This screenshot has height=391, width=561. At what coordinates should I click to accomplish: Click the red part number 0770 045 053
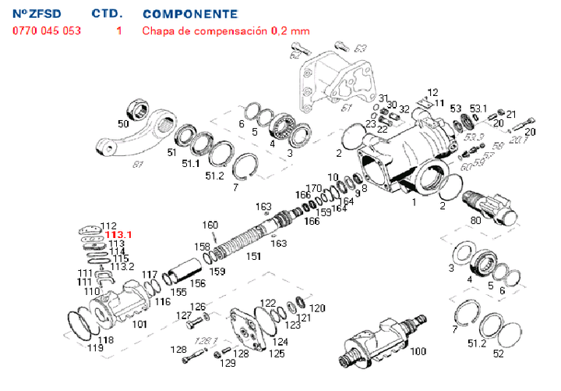[46, 31]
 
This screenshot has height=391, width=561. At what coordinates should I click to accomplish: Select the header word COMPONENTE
[190, 14]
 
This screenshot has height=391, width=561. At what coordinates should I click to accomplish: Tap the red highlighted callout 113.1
[119, 234]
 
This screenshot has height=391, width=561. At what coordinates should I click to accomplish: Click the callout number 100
[418, 351]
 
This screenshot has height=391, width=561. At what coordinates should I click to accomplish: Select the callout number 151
[254, 257]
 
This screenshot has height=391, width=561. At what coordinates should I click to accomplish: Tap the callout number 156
[199, 284]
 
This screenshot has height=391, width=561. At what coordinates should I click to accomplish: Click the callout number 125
[277, 354]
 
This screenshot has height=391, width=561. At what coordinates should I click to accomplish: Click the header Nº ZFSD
[38, 14]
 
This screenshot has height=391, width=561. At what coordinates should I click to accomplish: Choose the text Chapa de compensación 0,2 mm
[225, 31]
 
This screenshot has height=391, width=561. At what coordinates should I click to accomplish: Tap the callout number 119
[95, 348]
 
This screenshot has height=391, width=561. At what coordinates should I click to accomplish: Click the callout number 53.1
[478, 108]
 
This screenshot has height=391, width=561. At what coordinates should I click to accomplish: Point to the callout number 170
[315, 187]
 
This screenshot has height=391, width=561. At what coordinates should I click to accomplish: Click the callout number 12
[433, 92]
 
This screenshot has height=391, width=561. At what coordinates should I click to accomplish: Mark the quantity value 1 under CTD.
[119, 31]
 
